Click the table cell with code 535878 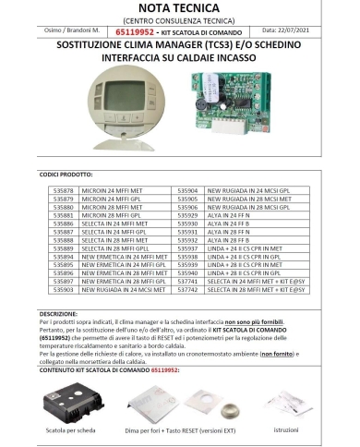(60, 187)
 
